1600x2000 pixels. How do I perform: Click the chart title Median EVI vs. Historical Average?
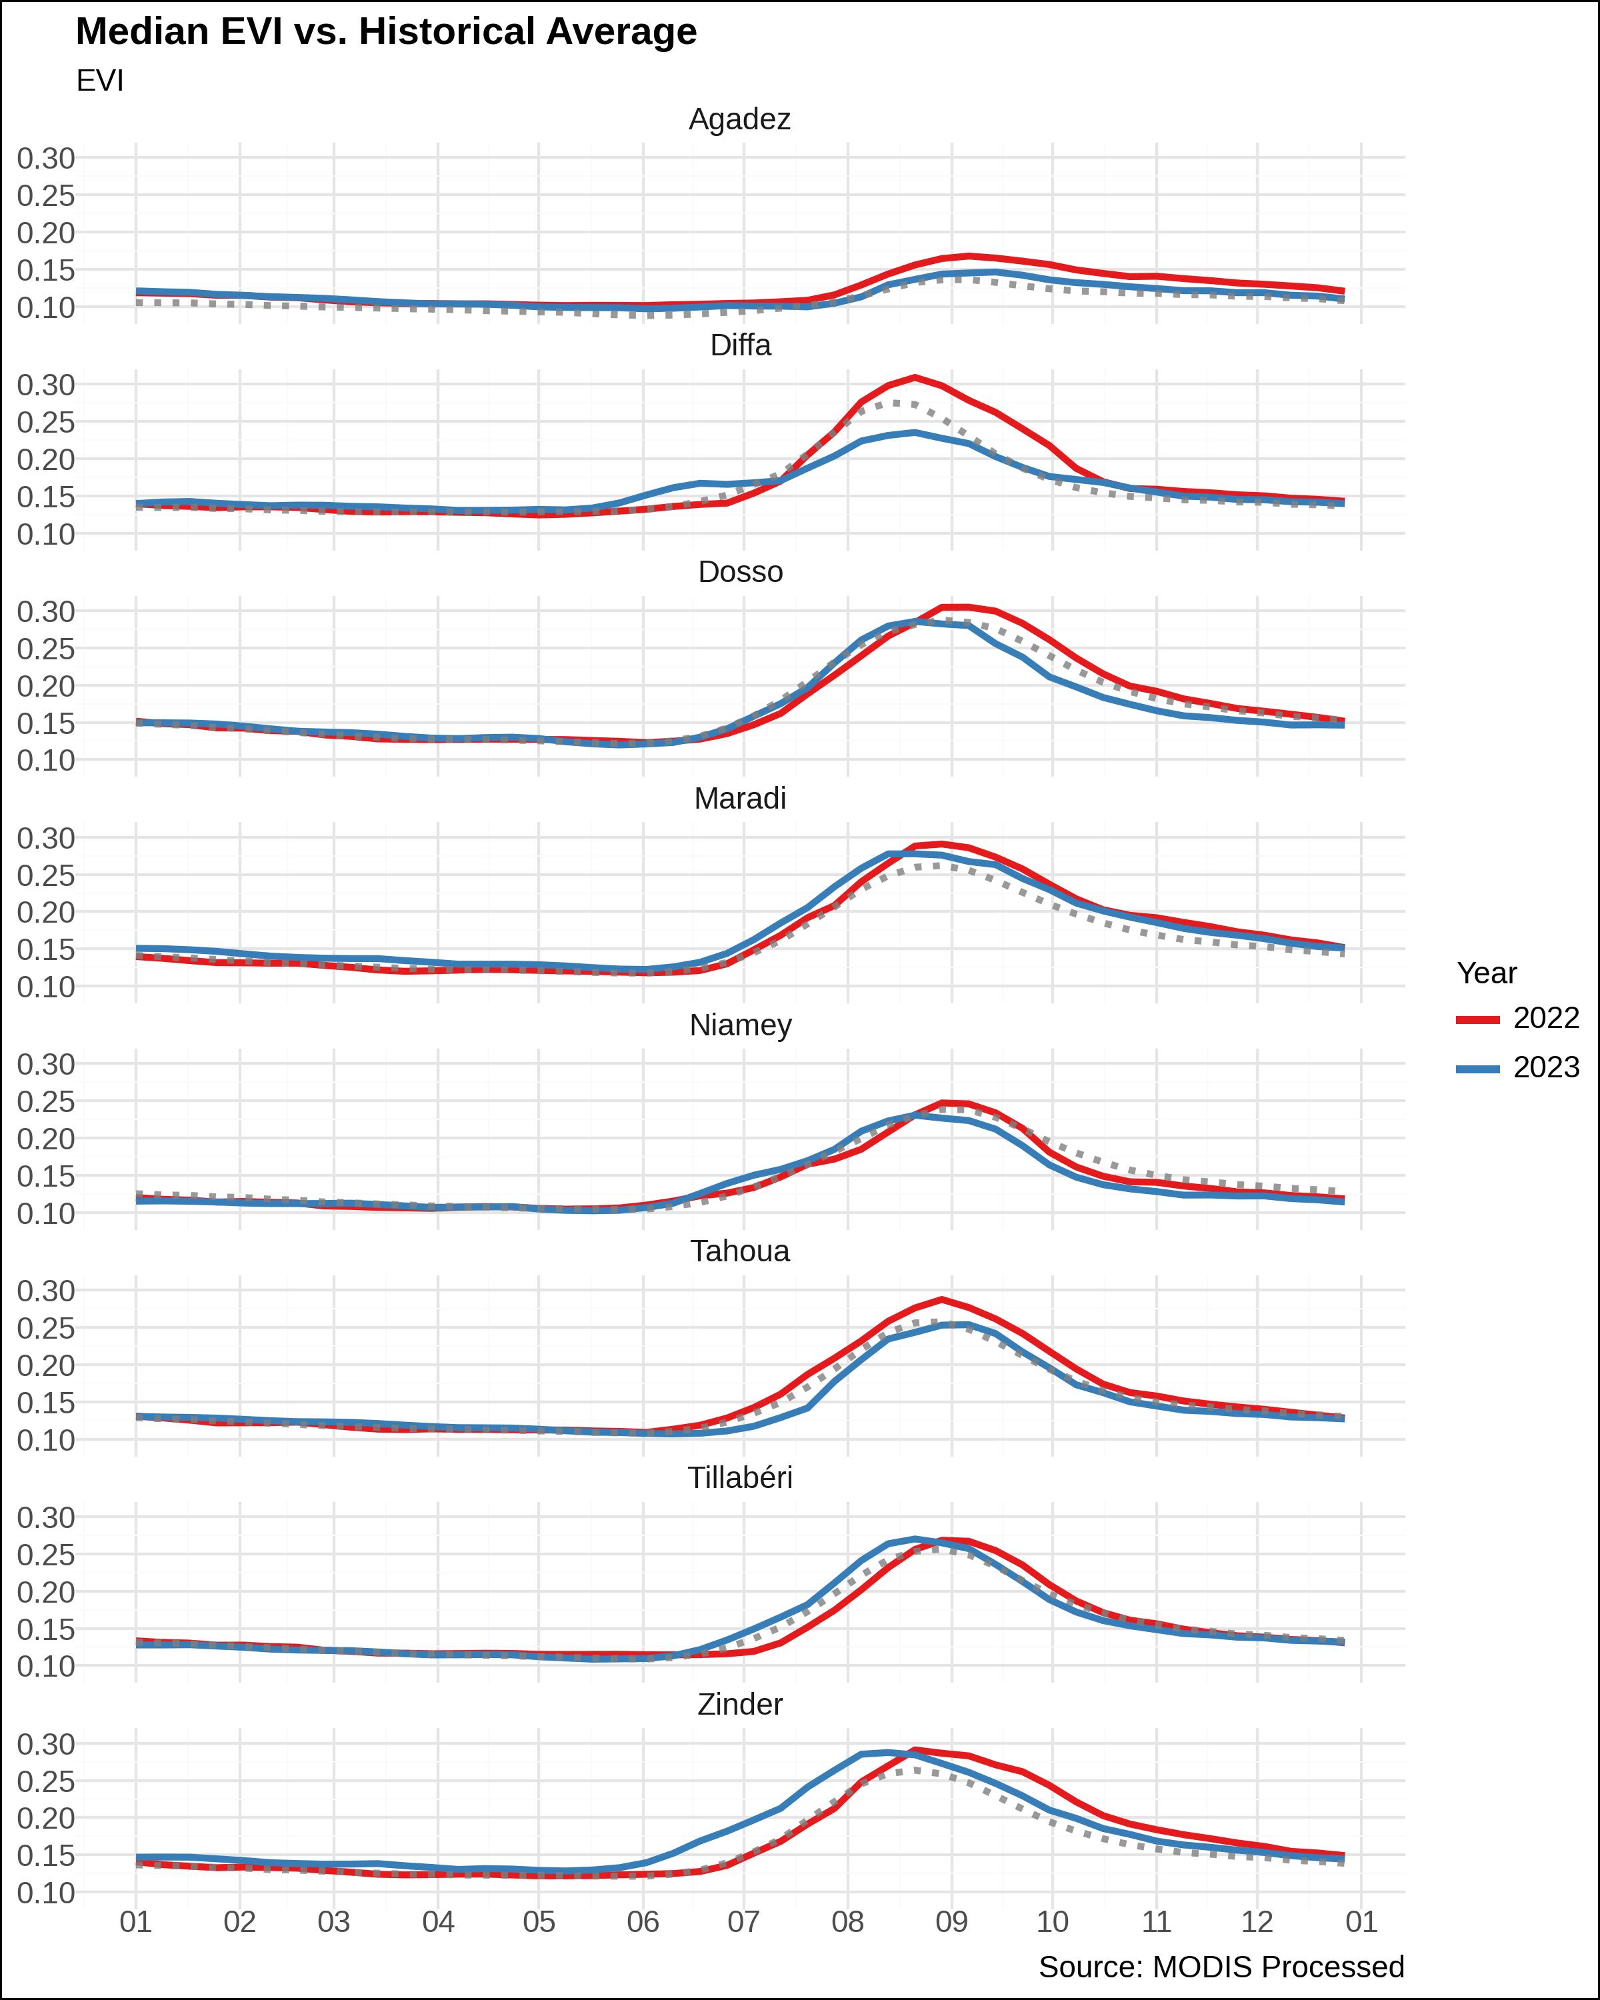[386, 31]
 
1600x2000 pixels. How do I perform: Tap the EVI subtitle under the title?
[99, 81]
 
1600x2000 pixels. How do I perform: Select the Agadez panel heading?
[739, 119]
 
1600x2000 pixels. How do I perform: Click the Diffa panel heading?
[740, 345]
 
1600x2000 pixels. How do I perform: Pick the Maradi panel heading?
[740, 798]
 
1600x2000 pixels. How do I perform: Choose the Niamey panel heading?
[740, 1025]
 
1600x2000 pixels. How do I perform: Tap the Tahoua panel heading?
[740, 1251]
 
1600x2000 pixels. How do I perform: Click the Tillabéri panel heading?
[740, 1478]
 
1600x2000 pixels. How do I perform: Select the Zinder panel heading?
[740, 1704]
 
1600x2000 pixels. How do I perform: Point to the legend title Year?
[1486, 973]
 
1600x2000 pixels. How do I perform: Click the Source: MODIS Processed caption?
[1221, 1967]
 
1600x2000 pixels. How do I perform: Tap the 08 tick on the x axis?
[847, 1921]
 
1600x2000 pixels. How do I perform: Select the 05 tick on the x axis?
[539, 1921]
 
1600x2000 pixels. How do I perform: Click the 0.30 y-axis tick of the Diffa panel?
[45, 385]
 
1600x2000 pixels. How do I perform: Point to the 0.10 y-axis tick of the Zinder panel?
[45, 1893]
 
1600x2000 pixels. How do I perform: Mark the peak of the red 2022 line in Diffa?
[915, 377]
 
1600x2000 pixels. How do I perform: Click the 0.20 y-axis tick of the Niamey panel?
[45, 1139]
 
